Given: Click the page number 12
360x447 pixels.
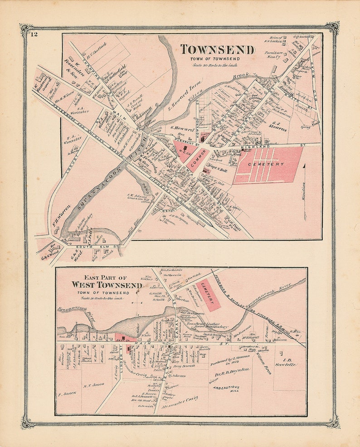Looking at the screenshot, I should (x=34, y=33).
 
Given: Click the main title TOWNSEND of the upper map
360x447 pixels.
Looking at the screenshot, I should (x=217, y=49).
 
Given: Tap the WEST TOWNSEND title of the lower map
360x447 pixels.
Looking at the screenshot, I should (x=107, y=285).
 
